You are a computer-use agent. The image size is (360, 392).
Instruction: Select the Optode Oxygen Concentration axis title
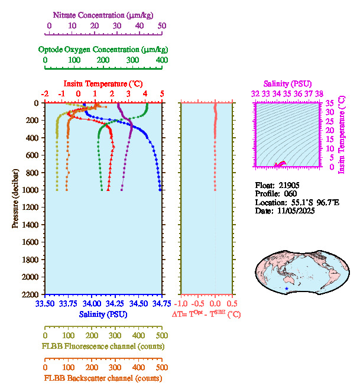(103, 49)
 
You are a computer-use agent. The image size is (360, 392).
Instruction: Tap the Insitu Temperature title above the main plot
(103, 83)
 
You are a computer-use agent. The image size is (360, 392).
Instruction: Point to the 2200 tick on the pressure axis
(32, 294)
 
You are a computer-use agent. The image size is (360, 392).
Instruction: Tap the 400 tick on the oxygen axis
(161, 60)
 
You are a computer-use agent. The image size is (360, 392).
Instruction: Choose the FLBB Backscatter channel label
(103, 378)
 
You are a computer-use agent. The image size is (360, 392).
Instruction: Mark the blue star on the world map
(287, 289)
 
